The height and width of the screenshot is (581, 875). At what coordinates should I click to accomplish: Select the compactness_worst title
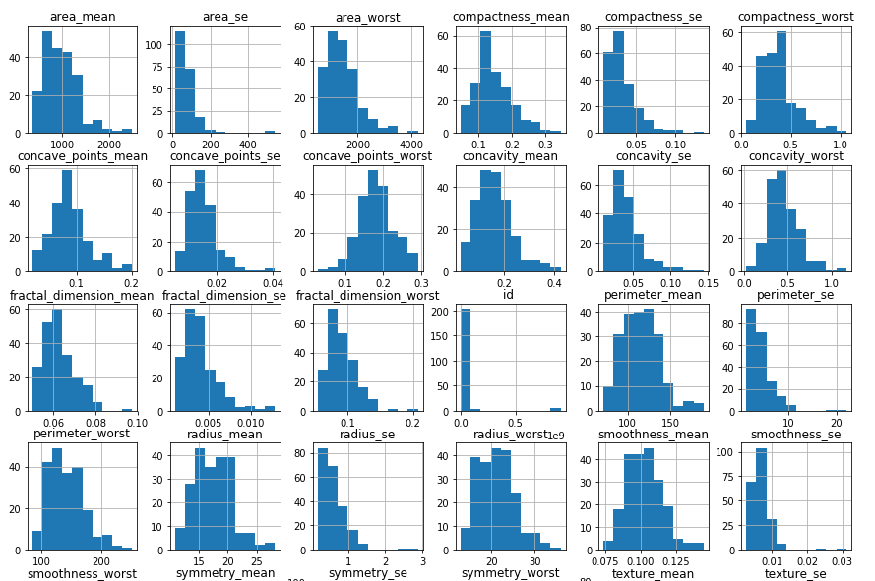(x=795, y=17)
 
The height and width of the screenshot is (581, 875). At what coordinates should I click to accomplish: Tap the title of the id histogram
(x=508, y=295)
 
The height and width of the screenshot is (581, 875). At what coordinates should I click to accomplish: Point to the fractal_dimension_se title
(x=223, y=295)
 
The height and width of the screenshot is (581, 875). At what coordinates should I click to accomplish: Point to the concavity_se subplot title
(x=651, y=156)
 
